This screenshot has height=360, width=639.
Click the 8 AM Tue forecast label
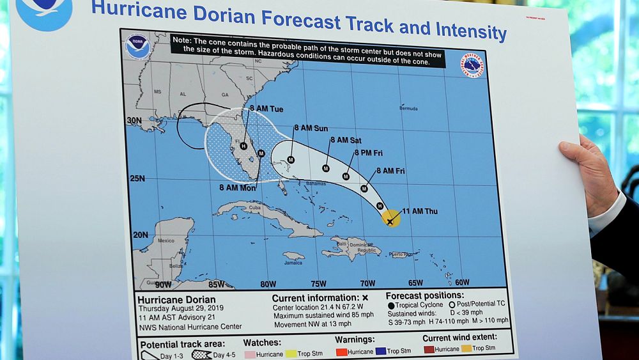click(x=266, y=109)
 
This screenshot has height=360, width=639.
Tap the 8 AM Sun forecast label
click(x=311, y=129)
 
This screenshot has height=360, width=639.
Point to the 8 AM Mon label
click(x=237, y=188)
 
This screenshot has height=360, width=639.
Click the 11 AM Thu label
click(x=419, y=212)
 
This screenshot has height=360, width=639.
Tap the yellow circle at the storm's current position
click(x=390, y=219)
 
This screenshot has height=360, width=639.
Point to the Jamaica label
click(x=293, y=262)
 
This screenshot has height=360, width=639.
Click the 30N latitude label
click(x=134, y=120)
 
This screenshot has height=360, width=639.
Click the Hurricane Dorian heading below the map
click(x=176, y=299)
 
